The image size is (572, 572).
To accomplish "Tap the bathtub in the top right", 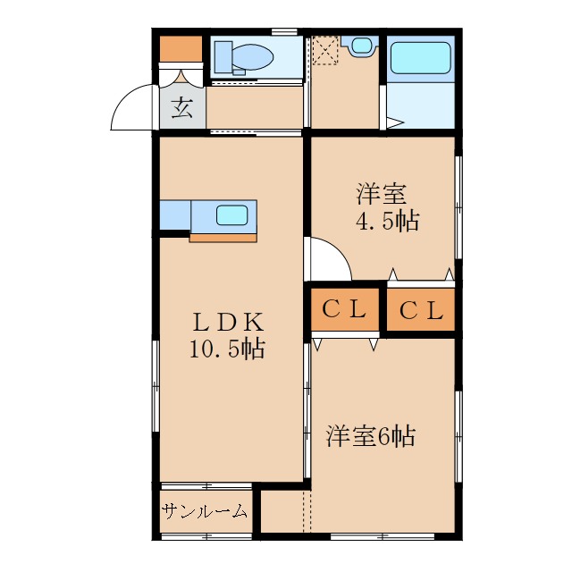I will (x=421, y=58).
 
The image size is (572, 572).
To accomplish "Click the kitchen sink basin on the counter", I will (x=231, y=214).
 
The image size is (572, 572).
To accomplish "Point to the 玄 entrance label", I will (x=182, y=109).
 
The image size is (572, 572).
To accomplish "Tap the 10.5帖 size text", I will (x=226, y=349).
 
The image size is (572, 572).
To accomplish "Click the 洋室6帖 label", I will (x=370, y=437).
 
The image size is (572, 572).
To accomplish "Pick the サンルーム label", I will (x=205, y=512).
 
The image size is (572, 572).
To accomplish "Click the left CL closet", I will (x=345, y=310).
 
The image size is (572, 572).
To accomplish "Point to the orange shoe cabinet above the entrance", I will (x=181, y=48).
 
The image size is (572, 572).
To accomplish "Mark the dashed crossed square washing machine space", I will (x=324, y=51).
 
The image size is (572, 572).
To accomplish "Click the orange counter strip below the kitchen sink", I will (x=223, y=237).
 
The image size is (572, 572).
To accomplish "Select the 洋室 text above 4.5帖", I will (x=383, y=193).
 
